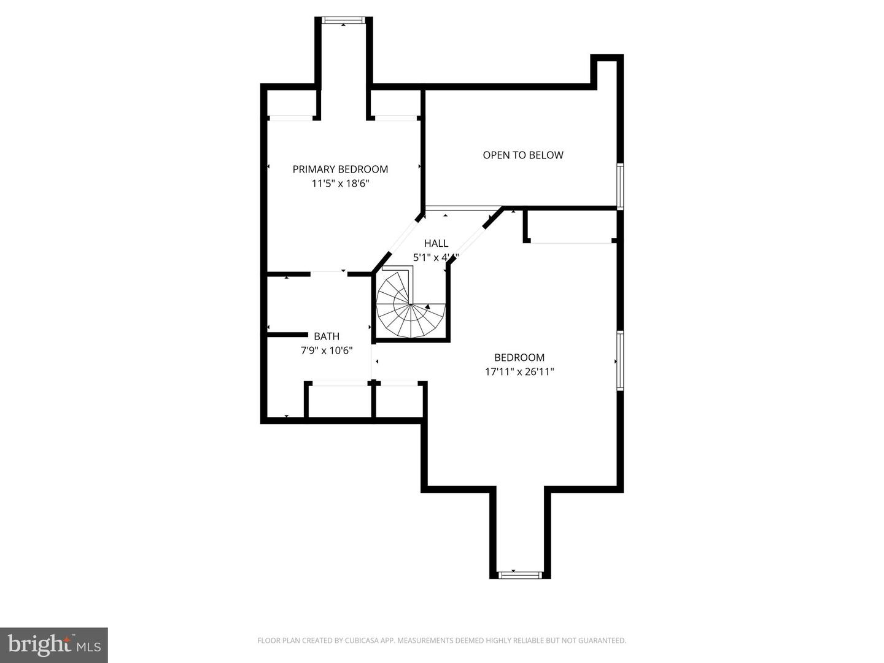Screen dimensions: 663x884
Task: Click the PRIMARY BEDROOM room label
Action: coord(340,169)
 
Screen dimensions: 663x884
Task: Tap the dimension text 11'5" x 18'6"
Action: coord(340,184)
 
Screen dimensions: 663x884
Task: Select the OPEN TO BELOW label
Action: coord(522,155)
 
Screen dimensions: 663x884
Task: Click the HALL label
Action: coord(436,244)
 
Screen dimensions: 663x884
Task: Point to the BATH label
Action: coord(327,336)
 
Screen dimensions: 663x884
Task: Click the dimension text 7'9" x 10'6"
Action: coord(327,351)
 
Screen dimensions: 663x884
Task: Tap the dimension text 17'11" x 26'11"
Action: coord(519,371)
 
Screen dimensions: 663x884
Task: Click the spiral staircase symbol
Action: coord(409,305)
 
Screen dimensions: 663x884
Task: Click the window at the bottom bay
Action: coord(520,575)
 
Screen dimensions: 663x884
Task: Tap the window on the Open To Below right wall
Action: coord(620,185)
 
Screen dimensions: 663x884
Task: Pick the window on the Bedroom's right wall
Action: coord(620,360)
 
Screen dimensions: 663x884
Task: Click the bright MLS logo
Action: coord(54,645)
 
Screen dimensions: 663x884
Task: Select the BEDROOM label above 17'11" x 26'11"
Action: coord(519,357)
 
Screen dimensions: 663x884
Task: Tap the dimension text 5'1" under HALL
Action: coord(421,258)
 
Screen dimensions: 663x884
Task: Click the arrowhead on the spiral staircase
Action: coord(427,306)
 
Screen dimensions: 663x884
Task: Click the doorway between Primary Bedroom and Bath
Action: coord(329,273)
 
